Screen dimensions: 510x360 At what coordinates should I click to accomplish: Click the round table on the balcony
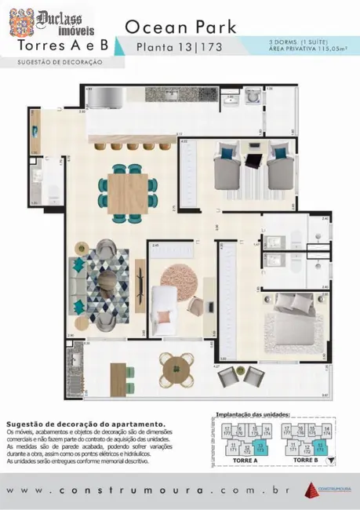click(x=176, y=366)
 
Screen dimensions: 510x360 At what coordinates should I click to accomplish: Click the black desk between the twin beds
click(x=253, y=162)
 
